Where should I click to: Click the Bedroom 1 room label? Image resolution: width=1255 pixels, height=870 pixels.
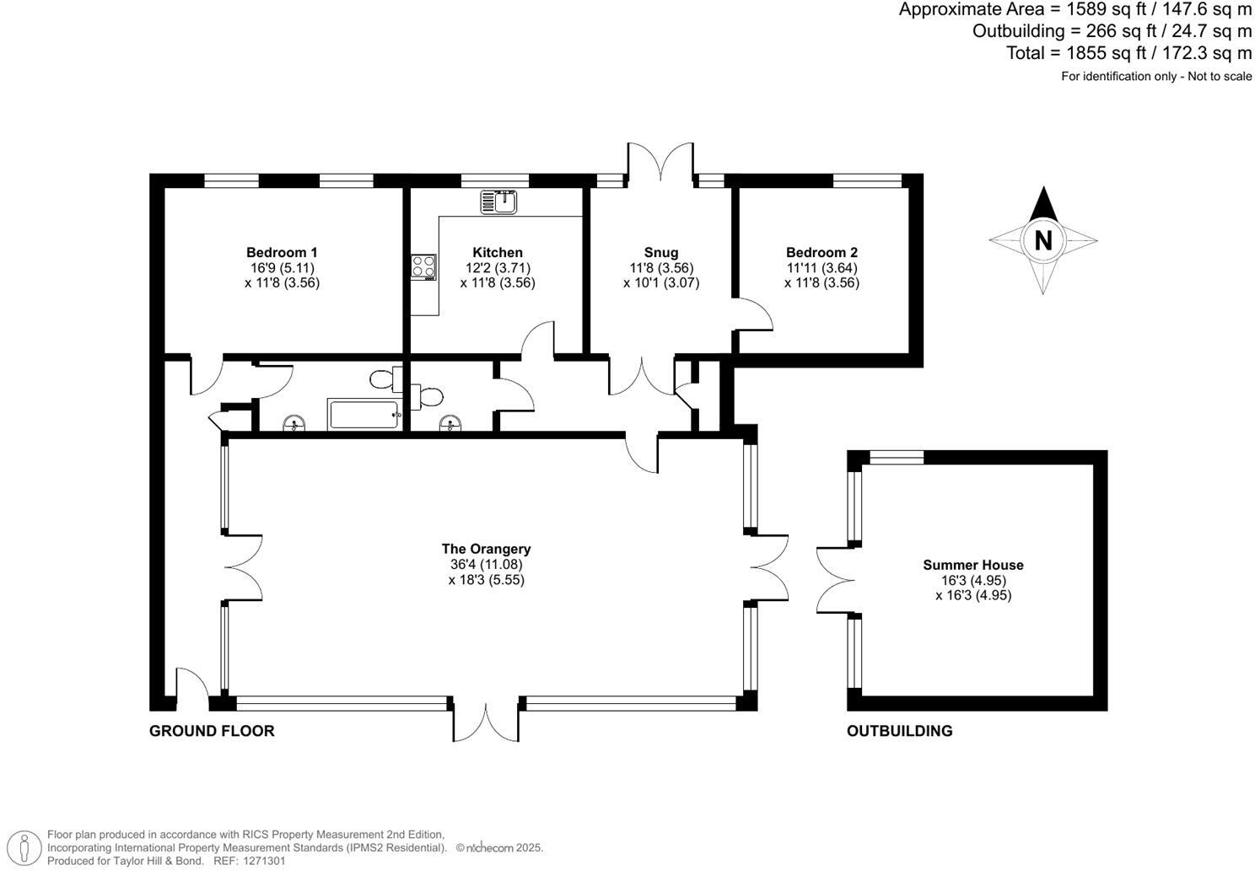[282, 252]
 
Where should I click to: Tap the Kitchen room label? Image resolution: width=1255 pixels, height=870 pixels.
[497, 252]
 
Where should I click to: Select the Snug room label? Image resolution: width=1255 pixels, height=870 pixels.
[660, 252]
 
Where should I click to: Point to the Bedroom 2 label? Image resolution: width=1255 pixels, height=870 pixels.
[821, 252]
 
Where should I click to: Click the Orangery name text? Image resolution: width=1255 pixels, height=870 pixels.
[486, 549]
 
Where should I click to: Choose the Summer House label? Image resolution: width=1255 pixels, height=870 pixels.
[972, 565]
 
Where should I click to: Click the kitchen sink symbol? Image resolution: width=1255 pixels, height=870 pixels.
[498, 202]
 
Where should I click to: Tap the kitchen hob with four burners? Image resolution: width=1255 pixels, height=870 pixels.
[423, 266]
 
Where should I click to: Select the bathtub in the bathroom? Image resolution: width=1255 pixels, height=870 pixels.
[364, 415]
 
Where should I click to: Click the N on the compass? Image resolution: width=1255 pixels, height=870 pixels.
[1043, 241]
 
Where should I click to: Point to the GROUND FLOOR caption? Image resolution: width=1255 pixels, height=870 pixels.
[212, 731]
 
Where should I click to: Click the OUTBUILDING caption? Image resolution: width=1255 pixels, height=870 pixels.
[899, 731]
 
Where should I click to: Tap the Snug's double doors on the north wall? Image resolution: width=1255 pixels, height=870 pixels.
[660, 163]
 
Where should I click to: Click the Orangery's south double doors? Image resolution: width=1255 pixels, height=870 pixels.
[487, 722]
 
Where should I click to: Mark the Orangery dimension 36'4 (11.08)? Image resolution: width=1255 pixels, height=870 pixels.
[486, 564]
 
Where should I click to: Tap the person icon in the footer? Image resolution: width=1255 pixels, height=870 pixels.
[27, 847]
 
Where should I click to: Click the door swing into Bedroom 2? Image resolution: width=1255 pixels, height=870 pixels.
[755, 315]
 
